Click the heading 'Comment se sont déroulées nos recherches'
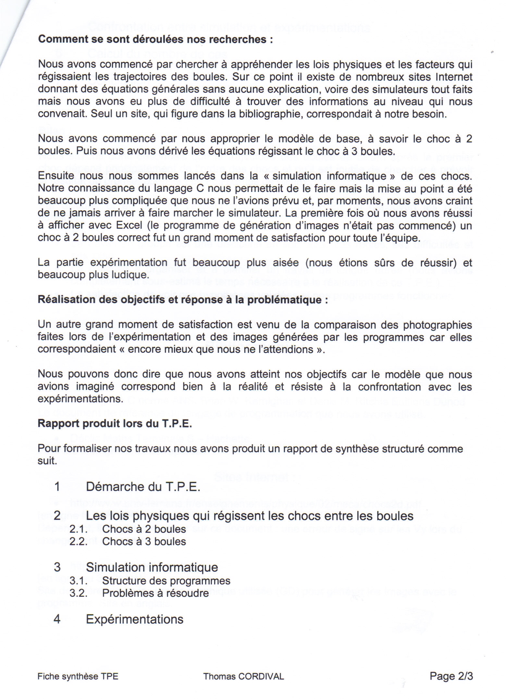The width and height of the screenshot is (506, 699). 155,39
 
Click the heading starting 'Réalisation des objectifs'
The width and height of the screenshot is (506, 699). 183,300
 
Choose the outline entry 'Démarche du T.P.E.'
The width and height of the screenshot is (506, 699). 143,487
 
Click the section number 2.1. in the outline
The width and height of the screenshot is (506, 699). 79,529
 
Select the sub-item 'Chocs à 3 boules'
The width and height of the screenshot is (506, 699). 144,542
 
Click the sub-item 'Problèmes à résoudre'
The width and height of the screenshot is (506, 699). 155,593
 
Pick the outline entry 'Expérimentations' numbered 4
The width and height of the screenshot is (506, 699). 135,619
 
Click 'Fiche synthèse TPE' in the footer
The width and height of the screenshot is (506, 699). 78,677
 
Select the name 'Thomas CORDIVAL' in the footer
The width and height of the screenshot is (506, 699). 243,677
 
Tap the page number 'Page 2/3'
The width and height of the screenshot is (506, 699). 451,676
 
